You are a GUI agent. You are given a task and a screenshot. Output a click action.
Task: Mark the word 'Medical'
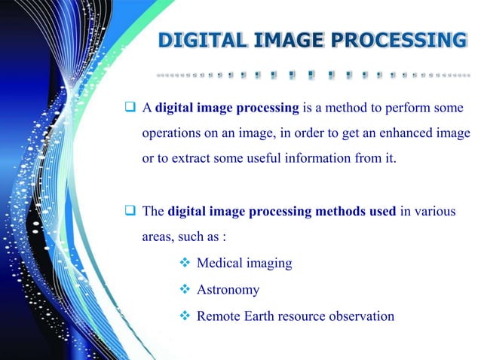pyautogui.click(x=219, y=264)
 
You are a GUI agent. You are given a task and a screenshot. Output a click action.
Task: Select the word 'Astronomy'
pyautogui.click(x=228, y=290)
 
